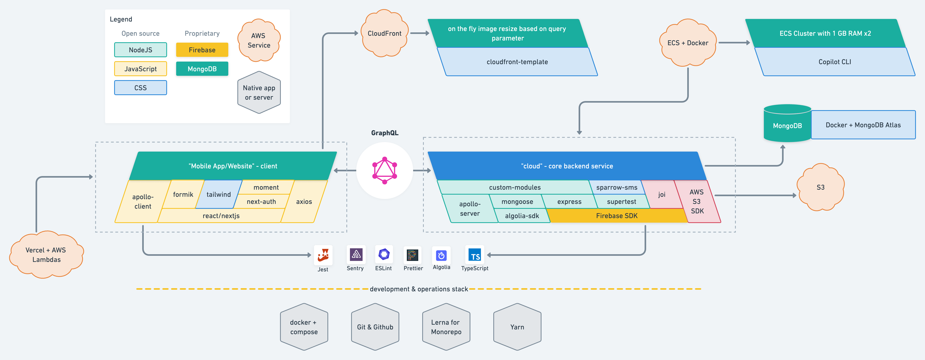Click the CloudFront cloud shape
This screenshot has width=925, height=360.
point(384,33)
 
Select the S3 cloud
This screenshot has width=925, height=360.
point(821,187)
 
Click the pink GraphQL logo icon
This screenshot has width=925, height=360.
point(384,171)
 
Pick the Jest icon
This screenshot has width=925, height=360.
point(323,255)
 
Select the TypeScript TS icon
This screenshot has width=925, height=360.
point(475,255)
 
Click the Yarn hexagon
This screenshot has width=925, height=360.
point(517,327)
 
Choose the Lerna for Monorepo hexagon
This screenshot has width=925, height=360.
point(446,327)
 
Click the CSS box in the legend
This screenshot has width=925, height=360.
point(140,88)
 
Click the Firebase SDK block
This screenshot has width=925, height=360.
point(617,216)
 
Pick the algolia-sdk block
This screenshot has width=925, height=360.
point(522,216)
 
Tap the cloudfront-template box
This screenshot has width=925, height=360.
point(517,62)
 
